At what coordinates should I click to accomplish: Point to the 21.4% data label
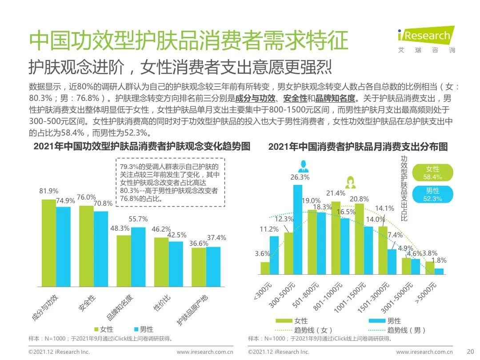coord(336,193)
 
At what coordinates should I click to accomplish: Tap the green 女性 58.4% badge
coord(432,173)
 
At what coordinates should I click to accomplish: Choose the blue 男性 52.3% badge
coord(432,195)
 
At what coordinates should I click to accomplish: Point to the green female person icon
coord(350,182)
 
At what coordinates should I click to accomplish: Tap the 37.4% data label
coord(216,238)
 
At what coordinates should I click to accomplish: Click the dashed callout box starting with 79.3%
coord(171,182)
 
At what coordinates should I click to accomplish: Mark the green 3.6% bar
coord(265,268)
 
